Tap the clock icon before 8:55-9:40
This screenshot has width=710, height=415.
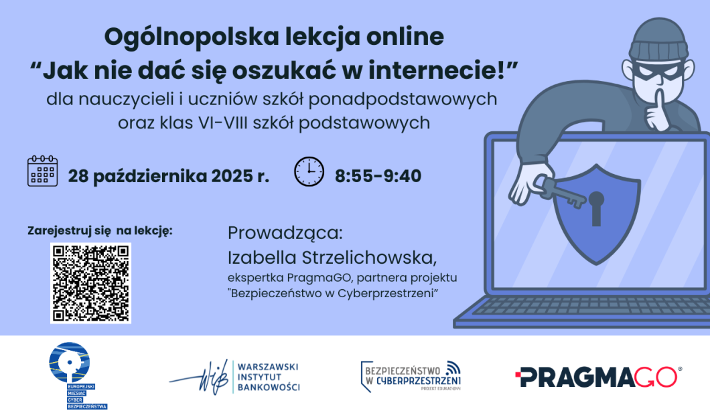tap(309, 171)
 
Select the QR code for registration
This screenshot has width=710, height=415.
tap(90, 283)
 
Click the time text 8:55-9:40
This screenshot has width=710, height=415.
tap(378, 176)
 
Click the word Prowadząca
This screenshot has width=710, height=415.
tap(285, 234)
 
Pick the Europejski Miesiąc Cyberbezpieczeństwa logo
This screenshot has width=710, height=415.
tap(75, 375)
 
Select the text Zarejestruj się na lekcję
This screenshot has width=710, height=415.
tap(100, 231)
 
